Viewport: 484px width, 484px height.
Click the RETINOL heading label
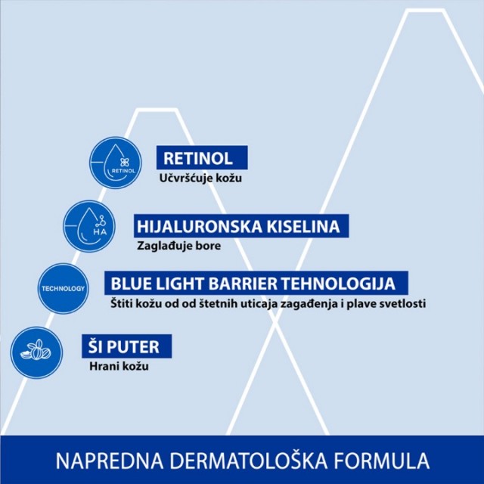202,158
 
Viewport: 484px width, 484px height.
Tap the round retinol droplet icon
116,163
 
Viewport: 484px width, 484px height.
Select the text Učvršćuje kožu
200,178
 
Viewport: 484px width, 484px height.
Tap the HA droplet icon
89,226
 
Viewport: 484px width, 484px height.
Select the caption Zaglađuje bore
179,246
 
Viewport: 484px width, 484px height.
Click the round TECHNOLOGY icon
64,289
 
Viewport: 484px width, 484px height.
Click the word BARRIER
244,283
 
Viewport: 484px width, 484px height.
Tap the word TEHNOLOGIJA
339,283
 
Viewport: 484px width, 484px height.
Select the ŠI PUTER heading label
126,346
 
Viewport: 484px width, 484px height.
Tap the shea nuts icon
36,353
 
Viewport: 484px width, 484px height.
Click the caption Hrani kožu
119,366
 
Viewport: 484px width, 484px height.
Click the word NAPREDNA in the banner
110,461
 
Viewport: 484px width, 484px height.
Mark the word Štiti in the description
123,303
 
